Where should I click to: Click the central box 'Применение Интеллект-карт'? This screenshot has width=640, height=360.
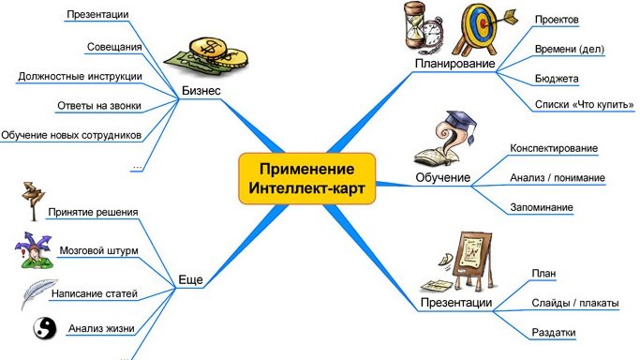[x=307, y=178]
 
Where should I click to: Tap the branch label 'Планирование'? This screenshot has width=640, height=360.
[x=454, y=64]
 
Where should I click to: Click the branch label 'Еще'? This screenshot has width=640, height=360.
[x=190, y=278]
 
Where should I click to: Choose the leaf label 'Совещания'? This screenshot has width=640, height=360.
[x=115, y=46]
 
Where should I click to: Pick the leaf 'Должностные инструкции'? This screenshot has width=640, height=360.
[x=81, y=76]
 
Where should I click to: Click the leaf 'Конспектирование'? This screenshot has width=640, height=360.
[x=553, y=148]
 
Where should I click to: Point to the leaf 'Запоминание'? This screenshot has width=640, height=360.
[x=543, y=206]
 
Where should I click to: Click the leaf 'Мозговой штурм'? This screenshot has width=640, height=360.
[x=97, y=251]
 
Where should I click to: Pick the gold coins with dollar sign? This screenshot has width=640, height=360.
[x=216, y=56]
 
